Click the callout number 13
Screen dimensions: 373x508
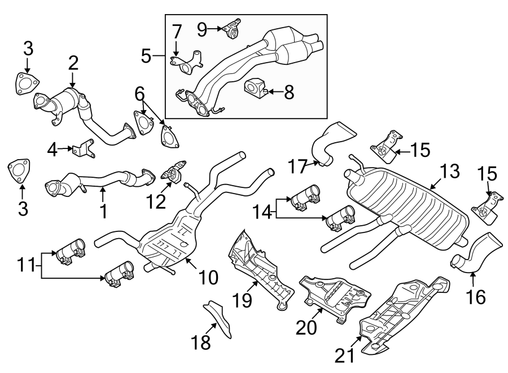tap(450, 171)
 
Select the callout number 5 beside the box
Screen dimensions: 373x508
tap(146, 55)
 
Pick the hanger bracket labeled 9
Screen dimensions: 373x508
tap(232, 29)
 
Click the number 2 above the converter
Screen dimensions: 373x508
tap(73, 63)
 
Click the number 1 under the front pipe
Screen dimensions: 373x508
tap(103, 211)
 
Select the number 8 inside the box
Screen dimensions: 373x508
tap(289, 92)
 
